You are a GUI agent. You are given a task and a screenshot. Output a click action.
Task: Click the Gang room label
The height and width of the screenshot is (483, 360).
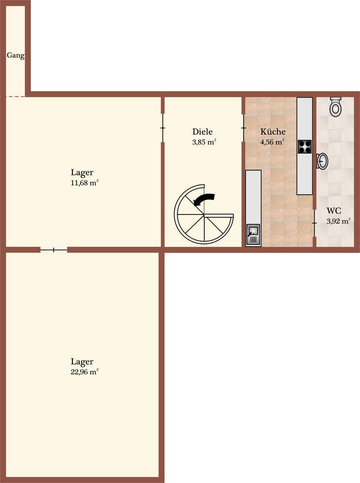click(x=15, y=56)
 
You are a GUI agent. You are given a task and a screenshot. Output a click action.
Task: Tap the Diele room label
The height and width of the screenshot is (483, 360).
click(x=202, y=131)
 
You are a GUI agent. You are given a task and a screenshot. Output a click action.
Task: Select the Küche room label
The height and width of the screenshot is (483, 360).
click(x=273, y=131)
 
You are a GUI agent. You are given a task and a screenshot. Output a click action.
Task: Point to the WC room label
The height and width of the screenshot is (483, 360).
click(x=334, y=211)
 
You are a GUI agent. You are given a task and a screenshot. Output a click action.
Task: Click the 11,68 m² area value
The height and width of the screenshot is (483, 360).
click(x=85, y=183)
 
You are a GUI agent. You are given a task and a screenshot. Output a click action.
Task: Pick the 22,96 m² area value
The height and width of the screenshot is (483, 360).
click(x=85, y=372)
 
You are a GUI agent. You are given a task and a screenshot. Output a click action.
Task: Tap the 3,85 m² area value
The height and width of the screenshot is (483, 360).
click(x=204, y=142)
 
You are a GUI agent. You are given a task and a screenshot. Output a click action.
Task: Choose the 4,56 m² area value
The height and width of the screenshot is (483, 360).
click(x=272, y=142)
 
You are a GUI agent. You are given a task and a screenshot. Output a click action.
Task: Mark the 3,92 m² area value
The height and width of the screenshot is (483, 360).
click(x=338, y=221)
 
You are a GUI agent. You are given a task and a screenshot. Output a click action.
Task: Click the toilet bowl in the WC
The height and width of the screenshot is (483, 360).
click(x=335, y=107)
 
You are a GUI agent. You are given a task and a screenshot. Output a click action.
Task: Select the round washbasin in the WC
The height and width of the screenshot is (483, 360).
click(x=322, y=161)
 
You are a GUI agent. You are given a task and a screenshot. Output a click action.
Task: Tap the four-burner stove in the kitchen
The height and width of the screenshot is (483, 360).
click(x=304, y=147)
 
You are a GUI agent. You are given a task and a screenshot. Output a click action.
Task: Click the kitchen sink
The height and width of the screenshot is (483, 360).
click(x=253, y=235)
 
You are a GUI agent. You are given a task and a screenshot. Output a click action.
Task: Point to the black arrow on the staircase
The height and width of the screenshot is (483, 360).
click(x=204, y=199)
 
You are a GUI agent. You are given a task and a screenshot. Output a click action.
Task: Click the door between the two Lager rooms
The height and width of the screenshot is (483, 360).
click(x=54, y=250)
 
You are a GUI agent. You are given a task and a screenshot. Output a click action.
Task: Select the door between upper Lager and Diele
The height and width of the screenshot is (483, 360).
click(x=163, y=128)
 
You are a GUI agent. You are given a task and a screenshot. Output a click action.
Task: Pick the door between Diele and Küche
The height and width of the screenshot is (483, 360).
click(x=243, y=128)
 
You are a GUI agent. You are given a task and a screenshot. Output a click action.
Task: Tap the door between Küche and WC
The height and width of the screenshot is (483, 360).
click(x=315, y=223)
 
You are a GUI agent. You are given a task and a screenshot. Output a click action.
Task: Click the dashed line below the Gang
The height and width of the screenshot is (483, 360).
click(x=16, y=97)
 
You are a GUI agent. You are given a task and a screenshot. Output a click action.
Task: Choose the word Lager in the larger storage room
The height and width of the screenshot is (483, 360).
click(x=82, y=362)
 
